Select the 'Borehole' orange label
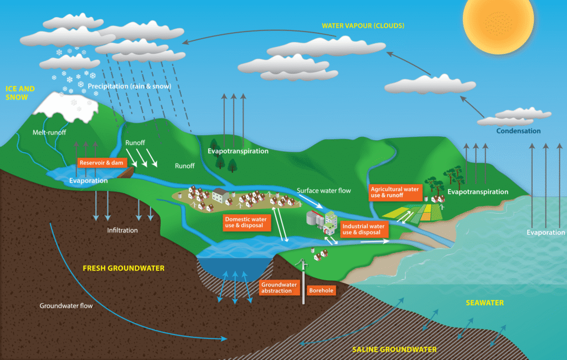(x=321, y=290)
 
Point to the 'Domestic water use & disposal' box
(x=245, y=223)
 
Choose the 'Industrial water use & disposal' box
(x=363, y=229)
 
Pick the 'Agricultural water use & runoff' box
(x=395, y=193)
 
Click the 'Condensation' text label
(x=518, y=131)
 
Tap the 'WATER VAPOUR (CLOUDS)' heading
(x=363, y=25)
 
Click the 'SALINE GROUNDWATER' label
(x=394, y=349)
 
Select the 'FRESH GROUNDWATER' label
(x=123, y=268)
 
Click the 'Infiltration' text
(x=122, y=230)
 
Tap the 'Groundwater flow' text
(x=66, y=306)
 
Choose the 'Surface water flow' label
(x=324, y=191)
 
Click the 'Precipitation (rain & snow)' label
(x=129, y=86)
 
